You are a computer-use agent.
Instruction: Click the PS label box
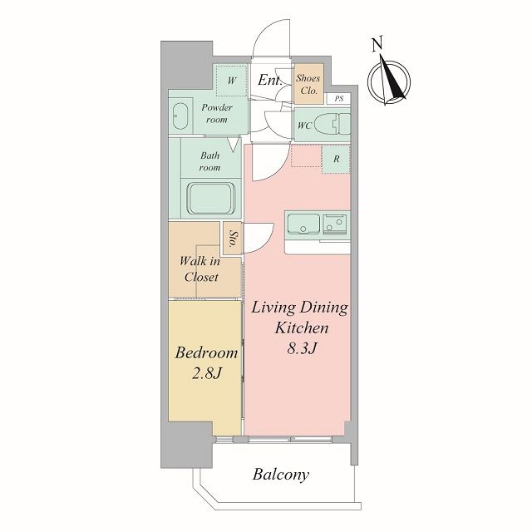coord(338,99)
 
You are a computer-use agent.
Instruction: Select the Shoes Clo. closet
coord(308,84)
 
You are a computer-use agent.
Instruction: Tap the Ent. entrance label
coord(269,80)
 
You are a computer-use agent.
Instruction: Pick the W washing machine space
coord(232,81)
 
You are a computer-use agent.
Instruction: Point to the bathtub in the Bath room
coord(211,199)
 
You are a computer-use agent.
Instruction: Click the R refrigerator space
coord(336,159)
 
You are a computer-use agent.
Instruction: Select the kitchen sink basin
coord(303,224)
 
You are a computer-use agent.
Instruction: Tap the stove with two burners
coord(334,224)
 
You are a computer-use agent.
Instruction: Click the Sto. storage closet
coord(233,239)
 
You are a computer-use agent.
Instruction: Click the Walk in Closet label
coord(199,269)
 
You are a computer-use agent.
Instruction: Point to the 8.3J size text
coord(302,348)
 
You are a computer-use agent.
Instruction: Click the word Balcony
coord(281,475)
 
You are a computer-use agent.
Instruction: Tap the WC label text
coord(304,126)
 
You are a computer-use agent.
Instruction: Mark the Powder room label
coord(217,113)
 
